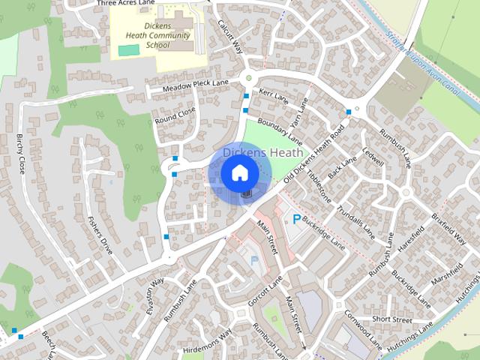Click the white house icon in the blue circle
(238, 173)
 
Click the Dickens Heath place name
(262, 152)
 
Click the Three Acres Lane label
(125, 4)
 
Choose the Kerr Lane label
(274, 96)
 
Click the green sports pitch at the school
(128, 49)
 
